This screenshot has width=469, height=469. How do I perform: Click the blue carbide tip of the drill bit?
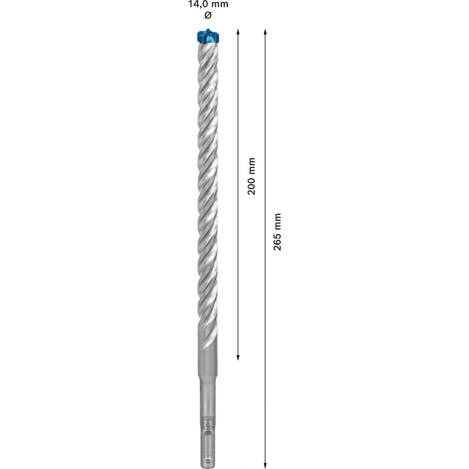pos(208,36)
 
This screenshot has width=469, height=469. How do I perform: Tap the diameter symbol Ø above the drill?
pos(208,15)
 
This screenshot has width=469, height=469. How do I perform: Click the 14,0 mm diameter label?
pos(208,4)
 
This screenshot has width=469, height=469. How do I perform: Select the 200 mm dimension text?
pos(251,176)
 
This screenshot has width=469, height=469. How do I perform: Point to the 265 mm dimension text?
pos(277,232)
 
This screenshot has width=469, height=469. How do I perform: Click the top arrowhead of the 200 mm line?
pos(237,32)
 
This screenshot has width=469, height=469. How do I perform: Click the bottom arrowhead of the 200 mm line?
pos(238,357)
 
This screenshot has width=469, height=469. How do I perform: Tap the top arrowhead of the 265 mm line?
pos(265,32)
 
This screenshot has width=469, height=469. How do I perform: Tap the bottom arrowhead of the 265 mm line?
pos(265,465)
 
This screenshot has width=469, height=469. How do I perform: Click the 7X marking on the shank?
pos(207,424)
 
